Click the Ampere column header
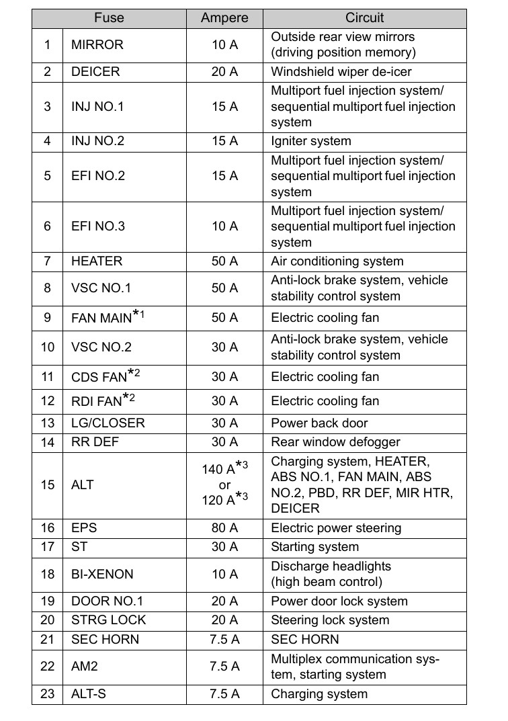224,18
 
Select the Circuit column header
364,18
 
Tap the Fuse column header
109,18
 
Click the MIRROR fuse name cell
97,45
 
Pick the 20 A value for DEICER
224,71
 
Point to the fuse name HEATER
97,261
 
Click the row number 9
47,317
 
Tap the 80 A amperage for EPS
224,528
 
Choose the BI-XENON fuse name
102,575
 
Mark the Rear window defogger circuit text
335,442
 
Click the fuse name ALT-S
89,694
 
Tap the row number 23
47,694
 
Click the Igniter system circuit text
311,141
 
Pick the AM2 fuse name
84,667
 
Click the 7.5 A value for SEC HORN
224,639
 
